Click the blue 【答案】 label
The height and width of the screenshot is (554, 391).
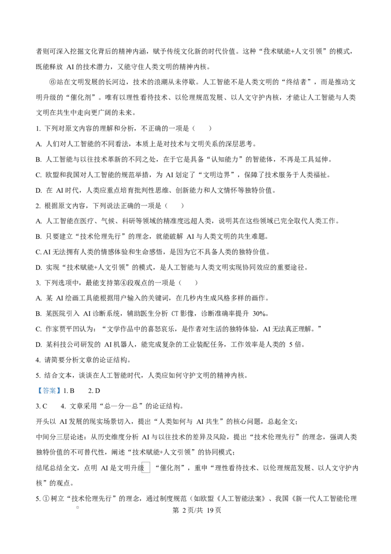[x=49, y=391]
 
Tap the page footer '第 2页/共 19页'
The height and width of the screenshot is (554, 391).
[x=196, y=510]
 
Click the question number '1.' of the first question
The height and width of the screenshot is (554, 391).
[x=39, y=129]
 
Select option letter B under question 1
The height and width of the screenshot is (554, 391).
[x=39, y=160]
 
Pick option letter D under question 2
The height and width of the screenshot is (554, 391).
[x=39, y=268]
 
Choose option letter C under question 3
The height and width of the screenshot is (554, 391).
[x=39, y=329]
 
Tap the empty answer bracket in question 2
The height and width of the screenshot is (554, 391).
[x=174, y=206]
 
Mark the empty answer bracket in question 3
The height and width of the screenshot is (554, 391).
[x=189, y=283]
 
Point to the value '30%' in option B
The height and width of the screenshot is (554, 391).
[x=260, y=314]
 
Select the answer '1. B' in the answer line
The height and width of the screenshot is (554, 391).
[x=69, y=391]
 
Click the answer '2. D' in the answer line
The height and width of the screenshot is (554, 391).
[x=94, y=391]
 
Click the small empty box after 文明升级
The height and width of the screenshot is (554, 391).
[x=146, y=467]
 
